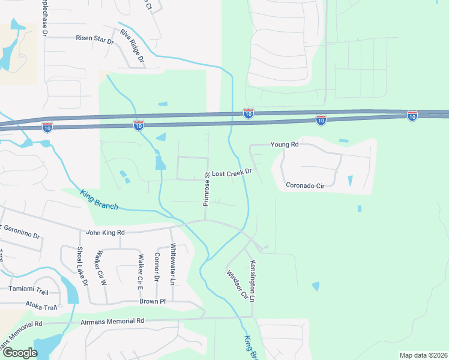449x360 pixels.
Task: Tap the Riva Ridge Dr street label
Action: [133, 46]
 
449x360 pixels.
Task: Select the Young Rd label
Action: [285, 145]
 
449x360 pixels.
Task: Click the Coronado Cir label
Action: [305, 185]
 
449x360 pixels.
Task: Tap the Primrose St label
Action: [205, 189]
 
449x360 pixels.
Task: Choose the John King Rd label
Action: [105, 232]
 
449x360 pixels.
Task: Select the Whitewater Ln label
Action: [172, 264]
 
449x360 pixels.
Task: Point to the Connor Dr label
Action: [157, 266]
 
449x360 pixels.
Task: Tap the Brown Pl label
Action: [152, 301]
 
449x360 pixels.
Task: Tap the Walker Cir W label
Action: [97, 268]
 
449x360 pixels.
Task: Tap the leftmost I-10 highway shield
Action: [47, 126]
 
